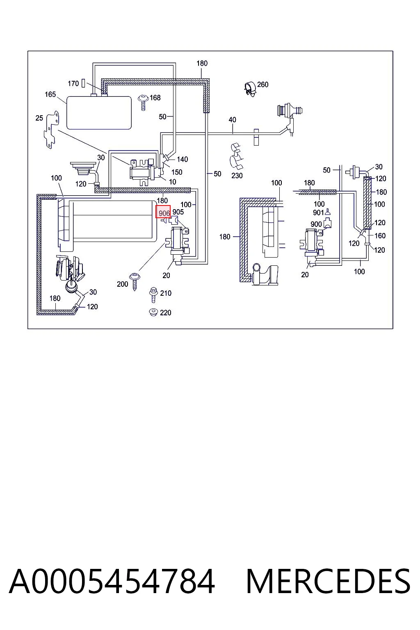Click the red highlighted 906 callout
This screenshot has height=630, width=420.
[163, 212]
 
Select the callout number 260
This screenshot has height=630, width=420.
[263, 84]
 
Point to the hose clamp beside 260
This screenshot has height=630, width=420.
[250, 89]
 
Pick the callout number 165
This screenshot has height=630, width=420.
[50, 94]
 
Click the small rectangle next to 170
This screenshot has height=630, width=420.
[83, 83]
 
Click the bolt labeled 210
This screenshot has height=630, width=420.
[153, 295]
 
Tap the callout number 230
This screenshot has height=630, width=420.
[237, 176]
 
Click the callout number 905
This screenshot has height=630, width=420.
[178, 212]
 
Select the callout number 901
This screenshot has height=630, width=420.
[318, 212]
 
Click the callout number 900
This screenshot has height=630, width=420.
[316, 224]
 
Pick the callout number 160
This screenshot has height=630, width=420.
[380, 236]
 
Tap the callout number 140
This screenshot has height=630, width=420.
[182, 159]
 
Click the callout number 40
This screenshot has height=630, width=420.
[233, 119]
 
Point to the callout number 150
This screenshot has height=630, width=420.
[177, 172]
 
